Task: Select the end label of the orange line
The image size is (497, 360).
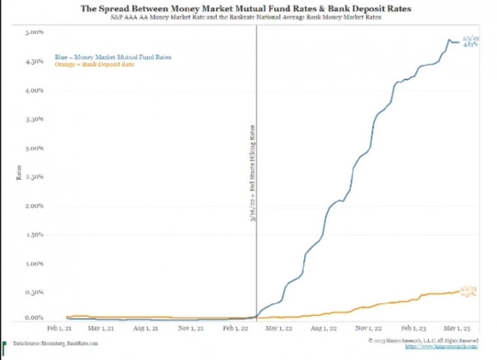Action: pyautogui.click(x=467, y=292)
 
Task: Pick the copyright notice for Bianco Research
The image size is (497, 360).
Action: pyautogui.click(x=423, y=340)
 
